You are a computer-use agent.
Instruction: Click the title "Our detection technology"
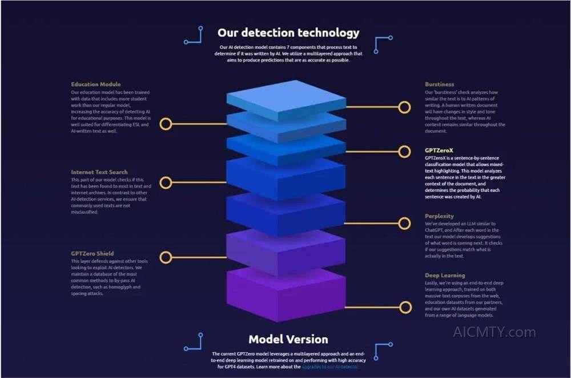(x=288, y=32)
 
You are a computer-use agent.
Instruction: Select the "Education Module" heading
(x=96, y=85)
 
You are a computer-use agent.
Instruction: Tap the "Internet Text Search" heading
(x=99, y=172)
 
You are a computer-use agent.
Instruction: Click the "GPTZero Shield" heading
(x=93, y=253)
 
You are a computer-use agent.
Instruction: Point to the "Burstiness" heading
(x=440, y=85)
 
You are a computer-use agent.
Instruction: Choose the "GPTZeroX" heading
(x=439, y=150)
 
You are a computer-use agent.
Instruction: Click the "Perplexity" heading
(x=439, y=216)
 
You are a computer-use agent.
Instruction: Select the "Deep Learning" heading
(x=445, y=275)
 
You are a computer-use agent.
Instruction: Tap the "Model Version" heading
(x=288, y=339)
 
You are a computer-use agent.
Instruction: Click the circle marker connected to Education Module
(x=166, y=124)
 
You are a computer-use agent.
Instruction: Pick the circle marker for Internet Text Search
(x=166, y=182)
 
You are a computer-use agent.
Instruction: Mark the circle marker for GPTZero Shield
(x=166, y=257)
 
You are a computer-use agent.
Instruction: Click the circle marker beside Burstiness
(x=404, y=107)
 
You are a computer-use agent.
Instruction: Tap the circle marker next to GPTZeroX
(x=404, y=152)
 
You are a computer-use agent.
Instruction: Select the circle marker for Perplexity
(x=404, y=223)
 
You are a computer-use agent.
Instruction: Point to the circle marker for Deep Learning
(x=405, y=308)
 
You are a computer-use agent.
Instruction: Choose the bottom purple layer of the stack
(x=285, y=292)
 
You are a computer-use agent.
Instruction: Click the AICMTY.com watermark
(x=494, y=332)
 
